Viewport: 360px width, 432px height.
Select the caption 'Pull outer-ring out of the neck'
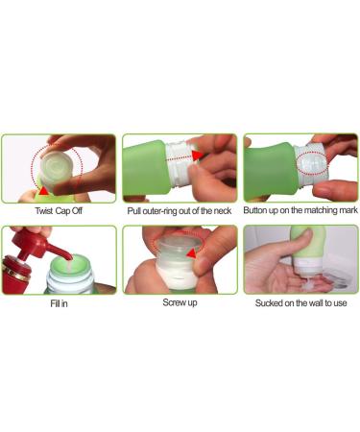point(180,210)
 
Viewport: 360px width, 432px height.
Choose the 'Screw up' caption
point(180,302)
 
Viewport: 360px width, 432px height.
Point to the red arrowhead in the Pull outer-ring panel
point(198,154)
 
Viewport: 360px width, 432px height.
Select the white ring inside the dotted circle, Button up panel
point(309,170)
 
